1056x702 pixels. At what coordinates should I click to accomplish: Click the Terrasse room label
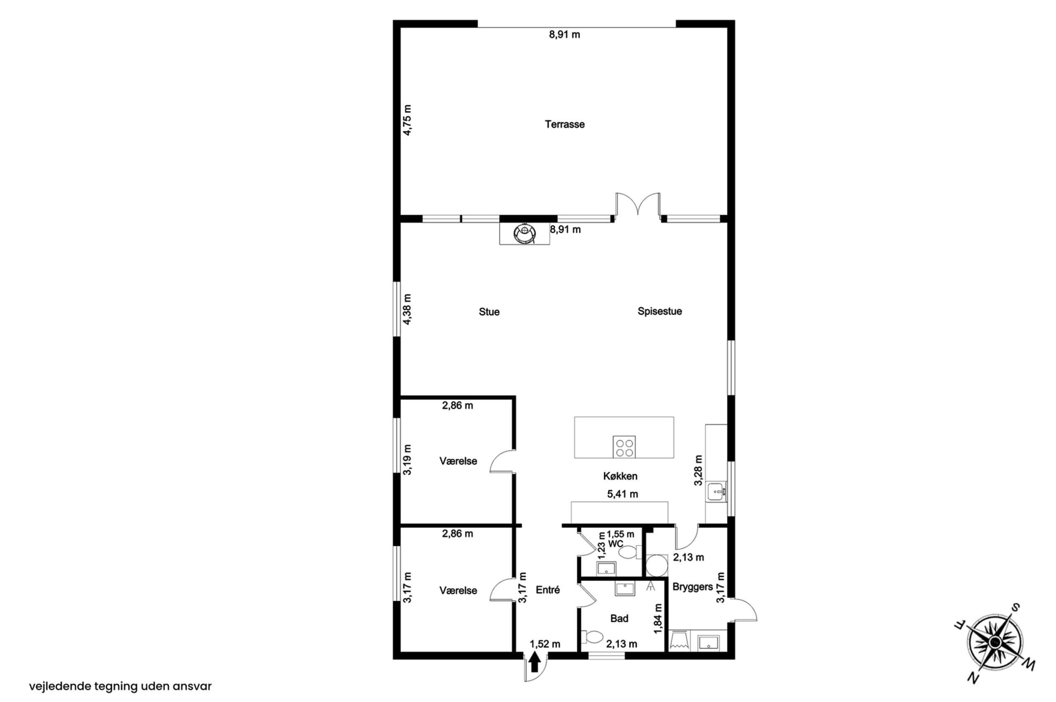[x=564, y=124]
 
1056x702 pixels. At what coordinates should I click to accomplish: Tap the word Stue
[x=489, y=312]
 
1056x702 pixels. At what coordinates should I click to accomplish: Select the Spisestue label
[x=660, y=312]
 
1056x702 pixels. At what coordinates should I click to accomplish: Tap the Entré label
[x=547, y=590]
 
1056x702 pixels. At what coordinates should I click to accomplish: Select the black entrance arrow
[x=535, y=662]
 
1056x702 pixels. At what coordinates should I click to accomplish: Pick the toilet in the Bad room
[x=592, y=637]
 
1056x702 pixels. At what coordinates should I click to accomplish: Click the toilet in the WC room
[x=630, y=552]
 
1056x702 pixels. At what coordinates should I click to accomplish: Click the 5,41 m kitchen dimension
[x=622, y=494]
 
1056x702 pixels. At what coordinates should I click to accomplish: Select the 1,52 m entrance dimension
[x=545, y=644]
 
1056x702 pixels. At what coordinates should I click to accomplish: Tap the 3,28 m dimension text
[x=698, y=470]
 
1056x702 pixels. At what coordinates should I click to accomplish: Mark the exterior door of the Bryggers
[x=742, y=610]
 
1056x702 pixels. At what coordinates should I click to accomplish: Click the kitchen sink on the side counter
[x=717, y=491]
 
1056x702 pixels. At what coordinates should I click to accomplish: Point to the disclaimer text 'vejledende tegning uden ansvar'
[x=120, y=686]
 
